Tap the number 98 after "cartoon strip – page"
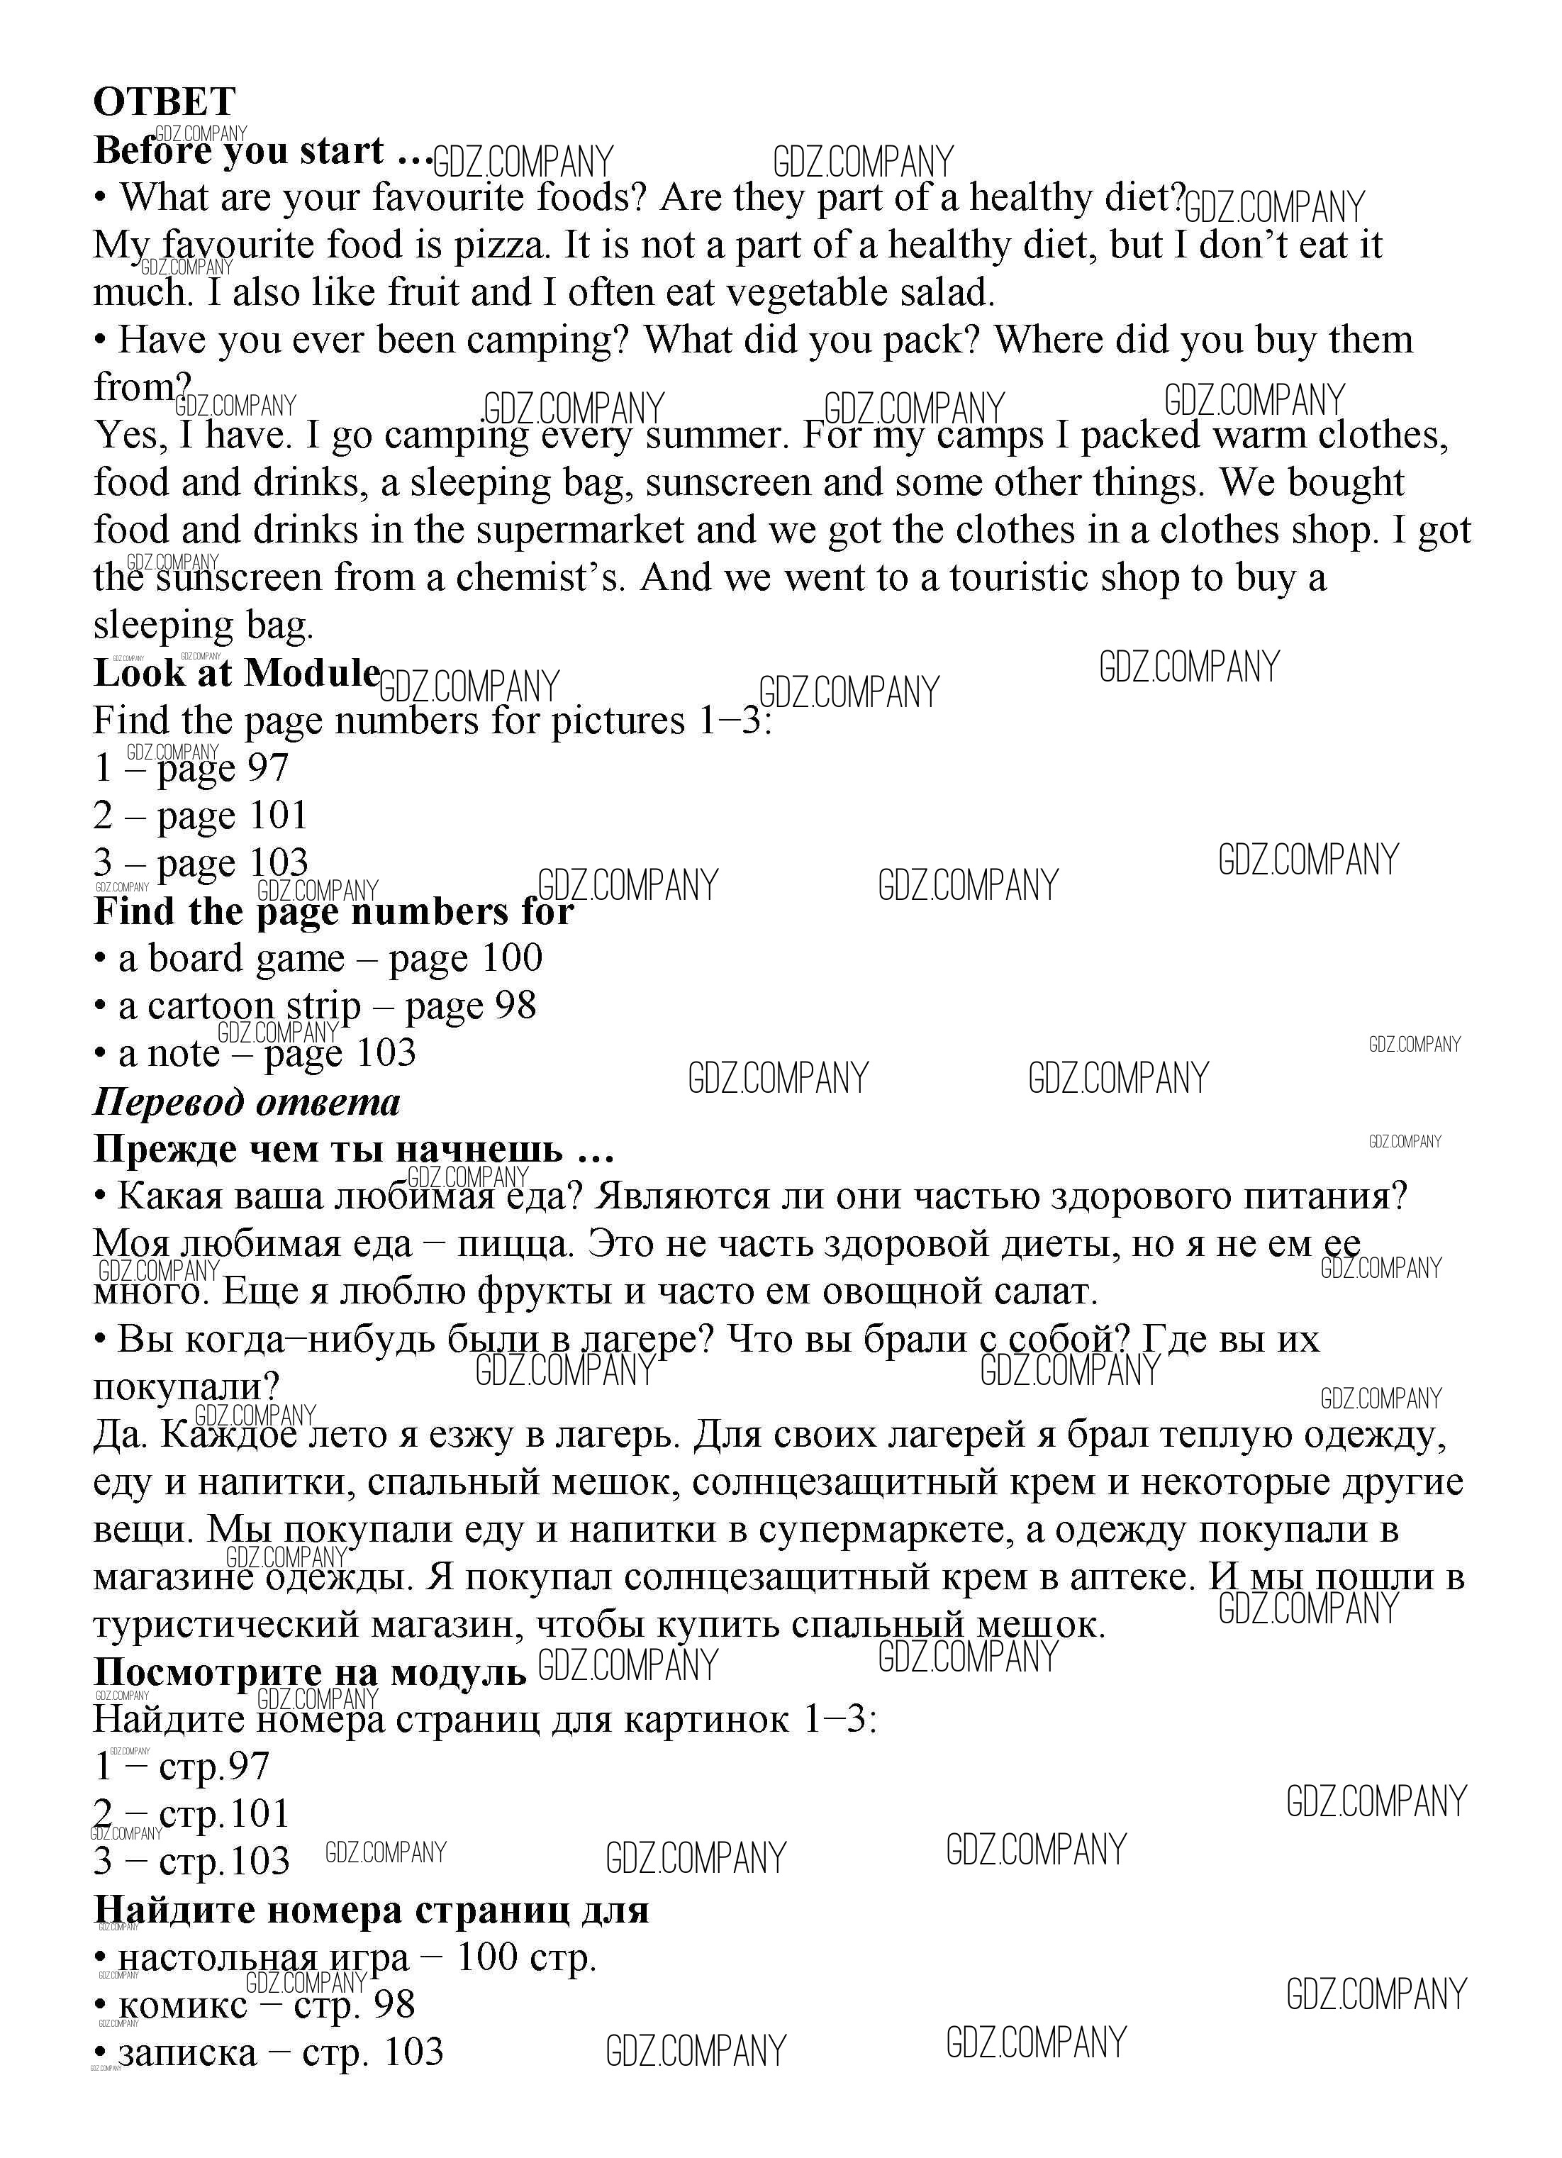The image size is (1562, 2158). (515, 1006)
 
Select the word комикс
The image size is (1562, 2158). (182, 2006)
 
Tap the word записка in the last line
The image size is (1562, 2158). (187, 2053)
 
